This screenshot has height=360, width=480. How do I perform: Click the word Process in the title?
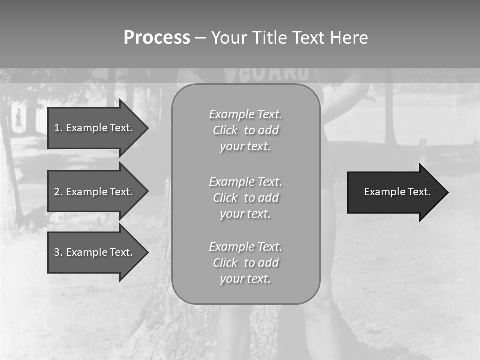click(x=157, y=38)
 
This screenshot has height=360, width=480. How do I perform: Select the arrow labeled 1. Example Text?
click(x=95, y=128)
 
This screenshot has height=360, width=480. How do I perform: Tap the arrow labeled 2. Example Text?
click(x=95, y=192)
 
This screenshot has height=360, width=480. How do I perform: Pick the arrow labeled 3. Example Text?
click(x=95, y=252)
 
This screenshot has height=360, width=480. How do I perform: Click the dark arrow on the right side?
click(x=395, y=192)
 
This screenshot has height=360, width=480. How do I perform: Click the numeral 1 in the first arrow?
click(x=57, y=128)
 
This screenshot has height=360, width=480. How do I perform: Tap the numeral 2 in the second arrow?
click(x=57, y=192)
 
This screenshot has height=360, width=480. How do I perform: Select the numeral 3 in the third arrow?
click(x=57, y=252)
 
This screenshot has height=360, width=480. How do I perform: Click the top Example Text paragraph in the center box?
click(x=245, y=130)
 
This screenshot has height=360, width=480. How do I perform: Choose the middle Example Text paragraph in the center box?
click(x=245, y=197)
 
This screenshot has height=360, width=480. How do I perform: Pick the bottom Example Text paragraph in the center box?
click(x=245, y=262)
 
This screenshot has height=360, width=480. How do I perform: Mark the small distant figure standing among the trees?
click(x=19, y=119)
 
